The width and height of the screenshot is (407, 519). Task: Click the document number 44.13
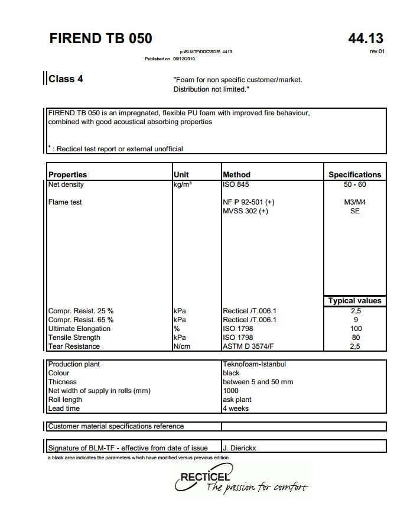(x=366, y=39)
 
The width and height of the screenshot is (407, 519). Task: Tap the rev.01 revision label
(x=377, y=52)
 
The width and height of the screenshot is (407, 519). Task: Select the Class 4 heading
(x=66, y=79)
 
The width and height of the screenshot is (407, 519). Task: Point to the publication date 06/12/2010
(x=184, y=59)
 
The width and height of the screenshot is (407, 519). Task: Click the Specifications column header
(x=354, y=174)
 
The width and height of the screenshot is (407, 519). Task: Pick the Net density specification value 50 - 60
(x=354, y=184)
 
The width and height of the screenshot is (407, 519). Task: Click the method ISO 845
(x=236, y=184)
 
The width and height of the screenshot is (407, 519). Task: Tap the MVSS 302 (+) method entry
(x=245, y=211)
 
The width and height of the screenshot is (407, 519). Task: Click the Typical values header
(x=354, y=301)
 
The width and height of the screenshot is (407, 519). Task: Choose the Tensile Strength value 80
(x=355, y=338)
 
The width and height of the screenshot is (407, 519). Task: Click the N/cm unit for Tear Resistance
(x=181, y=346)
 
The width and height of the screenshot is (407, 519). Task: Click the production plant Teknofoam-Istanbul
(x=254, y=364)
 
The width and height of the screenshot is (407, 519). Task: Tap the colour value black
(x=231, y=373)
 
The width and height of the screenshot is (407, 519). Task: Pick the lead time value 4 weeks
(x=236, y=408)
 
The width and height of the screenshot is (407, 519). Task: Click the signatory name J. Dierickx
(x=240, y=448)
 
